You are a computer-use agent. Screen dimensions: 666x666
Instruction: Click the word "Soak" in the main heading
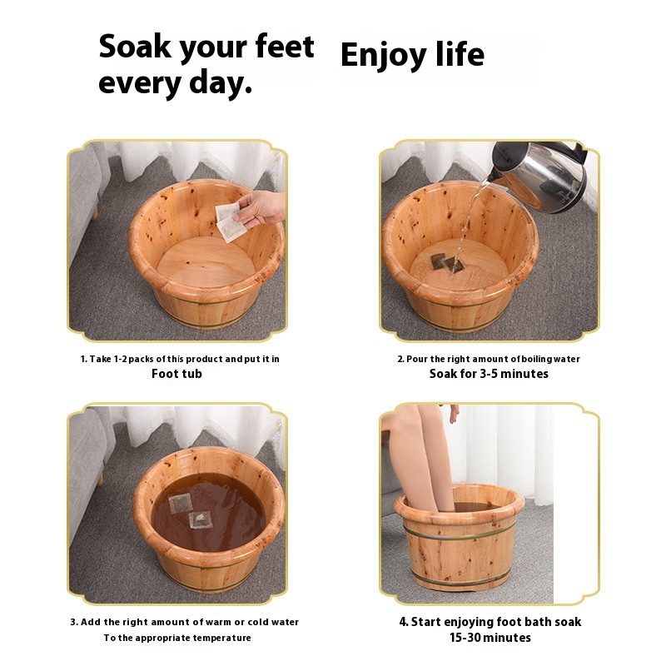click(135, 47)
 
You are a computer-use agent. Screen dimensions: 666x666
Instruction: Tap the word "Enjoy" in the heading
click(383, 55)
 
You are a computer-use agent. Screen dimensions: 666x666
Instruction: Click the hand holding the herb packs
click(260, 209)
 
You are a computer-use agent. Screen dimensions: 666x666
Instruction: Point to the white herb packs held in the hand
click(230, 222)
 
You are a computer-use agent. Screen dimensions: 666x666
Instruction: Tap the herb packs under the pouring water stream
click(446, 263)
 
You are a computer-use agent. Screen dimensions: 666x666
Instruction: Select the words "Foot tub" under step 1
click(176, 374)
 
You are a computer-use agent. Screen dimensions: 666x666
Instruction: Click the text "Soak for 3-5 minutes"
click(489, 374)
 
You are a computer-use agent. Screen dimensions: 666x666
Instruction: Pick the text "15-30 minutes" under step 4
click(490, 638)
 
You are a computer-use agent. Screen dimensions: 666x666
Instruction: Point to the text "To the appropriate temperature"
click(177, 638)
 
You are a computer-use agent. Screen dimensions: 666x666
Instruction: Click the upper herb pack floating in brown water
click(180, 504)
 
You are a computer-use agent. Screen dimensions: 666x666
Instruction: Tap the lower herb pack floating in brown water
click(200, 519)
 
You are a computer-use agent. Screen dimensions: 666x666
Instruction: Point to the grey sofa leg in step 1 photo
click(94, 213)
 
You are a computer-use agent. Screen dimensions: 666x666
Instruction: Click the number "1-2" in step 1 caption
click(120, 360)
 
